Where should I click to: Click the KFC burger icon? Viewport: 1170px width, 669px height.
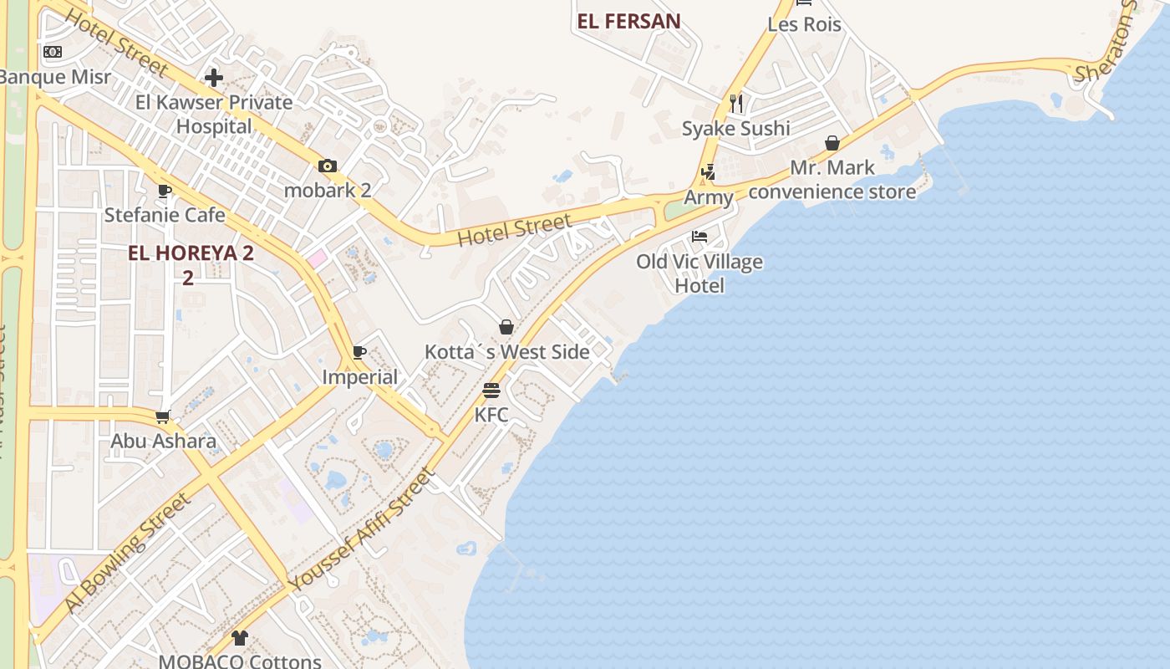click(x=491, y=390)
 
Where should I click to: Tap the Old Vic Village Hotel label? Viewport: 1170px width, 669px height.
click(x=699, y=273)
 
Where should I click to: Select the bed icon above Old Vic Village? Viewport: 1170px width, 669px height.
click(x=699, y=237)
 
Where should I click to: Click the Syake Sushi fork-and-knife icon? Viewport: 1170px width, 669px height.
click(x=736, y=103)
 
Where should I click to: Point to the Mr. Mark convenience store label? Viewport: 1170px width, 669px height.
click(x=832, y=180)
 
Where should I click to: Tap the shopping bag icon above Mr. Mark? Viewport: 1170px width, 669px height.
click(x=832, y=143)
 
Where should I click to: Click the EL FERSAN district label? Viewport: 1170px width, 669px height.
click(x=628, y=22)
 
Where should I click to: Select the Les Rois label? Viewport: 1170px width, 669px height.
click(x=804, y=24)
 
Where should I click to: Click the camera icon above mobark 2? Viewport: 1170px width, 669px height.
click(x=328, y=166)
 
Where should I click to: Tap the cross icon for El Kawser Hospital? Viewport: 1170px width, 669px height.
click(x=214, y=78)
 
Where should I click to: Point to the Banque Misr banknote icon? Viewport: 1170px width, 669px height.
click(x=53, y=52)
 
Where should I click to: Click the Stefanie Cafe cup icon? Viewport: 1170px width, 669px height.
click(x=165, y=191)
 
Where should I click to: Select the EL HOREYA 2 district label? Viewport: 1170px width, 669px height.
click(x=191, y=253)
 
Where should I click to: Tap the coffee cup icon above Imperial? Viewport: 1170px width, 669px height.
click(x=359, y=352)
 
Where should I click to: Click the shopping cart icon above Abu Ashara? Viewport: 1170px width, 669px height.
click(x=163, y=416)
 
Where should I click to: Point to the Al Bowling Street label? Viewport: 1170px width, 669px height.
click(x=128, y=552)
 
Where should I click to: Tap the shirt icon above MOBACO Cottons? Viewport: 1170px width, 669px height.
click(x=240, y=638)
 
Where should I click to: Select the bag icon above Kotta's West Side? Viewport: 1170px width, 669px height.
click(x=506, y=327)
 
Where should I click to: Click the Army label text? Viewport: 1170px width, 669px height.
click(x=709, y=198)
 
